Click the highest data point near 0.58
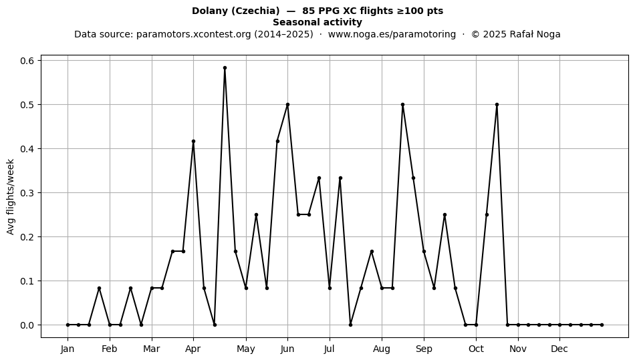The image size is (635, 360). coord(225,68)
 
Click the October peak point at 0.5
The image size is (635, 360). coord(497,105)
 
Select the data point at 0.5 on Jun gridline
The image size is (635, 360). coord(287,105)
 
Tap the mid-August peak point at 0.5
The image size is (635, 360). coord(402,105)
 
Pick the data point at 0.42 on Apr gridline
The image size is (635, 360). coord(193,142)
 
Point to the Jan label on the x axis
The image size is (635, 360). coord(68,349)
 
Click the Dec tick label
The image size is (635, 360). coord(559,349)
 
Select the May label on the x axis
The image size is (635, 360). coord(246,349)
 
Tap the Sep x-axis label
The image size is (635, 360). coord(424,349)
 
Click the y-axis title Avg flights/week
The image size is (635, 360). coord(11,196)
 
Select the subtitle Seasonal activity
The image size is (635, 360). coord(317,22)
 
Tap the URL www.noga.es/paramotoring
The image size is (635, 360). coord(392,34)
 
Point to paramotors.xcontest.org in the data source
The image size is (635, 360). coord(194,34)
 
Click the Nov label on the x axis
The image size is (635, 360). coord(518,349)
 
